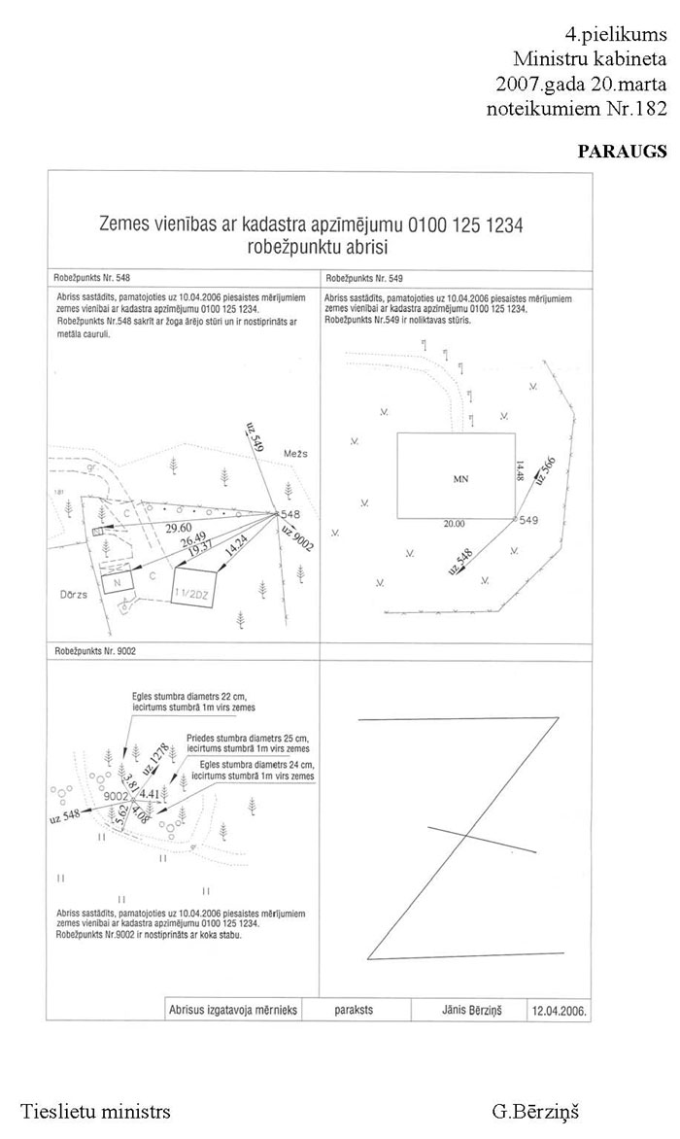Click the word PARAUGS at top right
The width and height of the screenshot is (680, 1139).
pyautogui.click(x=623, y=152)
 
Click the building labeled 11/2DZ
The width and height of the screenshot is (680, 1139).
pyautogui.click(x=194, y=589)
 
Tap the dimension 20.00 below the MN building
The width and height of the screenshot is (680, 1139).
pyautogui.click(x=454, y=525)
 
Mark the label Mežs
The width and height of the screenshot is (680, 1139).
pyautogui.click(x=296, y=453)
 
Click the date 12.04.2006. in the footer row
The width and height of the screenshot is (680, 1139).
pyautogui.click(x=558, y=1011)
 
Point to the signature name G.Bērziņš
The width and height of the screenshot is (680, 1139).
pyautogui.click(x=535, y=1110)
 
